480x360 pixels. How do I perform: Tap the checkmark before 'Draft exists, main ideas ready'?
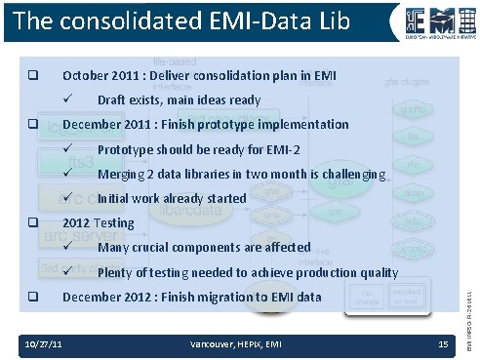pyautogui.click(x=70, y=100)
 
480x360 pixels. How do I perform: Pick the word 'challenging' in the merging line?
pyautogui.click(x=355, y=175)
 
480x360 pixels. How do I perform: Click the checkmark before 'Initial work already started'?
pyautogui.click(x=70, y=199)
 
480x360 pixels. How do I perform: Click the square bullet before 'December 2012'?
pyautogui.click(x=32, y=297)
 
